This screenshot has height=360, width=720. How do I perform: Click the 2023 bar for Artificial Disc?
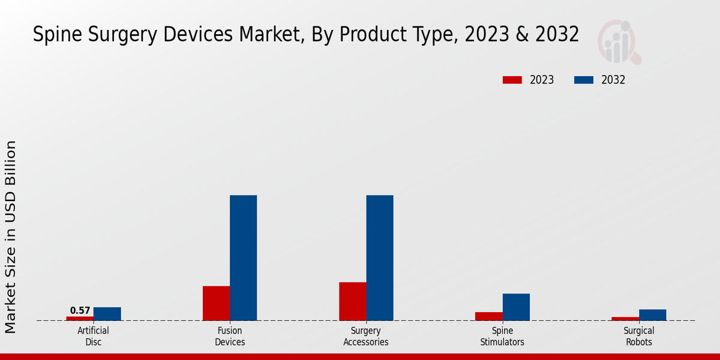pos(80,319)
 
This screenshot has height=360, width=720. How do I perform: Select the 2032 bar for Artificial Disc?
pos(107,314)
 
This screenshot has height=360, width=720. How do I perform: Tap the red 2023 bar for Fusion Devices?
pos(216,303)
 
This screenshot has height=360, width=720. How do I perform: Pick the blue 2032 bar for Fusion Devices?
pos(243,258)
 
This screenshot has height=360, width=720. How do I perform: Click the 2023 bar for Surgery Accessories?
pos(352,301)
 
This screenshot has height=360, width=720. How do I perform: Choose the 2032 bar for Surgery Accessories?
pos(380,258)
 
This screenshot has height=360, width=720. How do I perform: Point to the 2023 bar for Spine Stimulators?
pos(488,316)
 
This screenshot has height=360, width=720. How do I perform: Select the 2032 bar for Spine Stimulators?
pos(516,307)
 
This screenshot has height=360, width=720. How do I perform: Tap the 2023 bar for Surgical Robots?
pos(625,319)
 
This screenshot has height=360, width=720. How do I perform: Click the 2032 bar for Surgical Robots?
pos(652,315)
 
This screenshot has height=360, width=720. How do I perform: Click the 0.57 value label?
pos(80,311)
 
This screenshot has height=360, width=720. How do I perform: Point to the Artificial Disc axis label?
pos(93,337)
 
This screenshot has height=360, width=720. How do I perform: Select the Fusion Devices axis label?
pos(230,337)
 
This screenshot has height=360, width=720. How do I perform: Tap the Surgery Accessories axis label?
pos(366,337)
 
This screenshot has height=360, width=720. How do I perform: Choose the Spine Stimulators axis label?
pos(502,337)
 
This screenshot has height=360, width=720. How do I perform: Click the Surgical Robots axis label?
pos(638,337)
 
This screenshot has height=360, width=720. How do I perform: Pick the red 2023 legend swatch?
pos(512,80)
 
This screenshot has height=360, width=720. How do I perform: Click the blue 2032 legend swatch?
pos(584,80)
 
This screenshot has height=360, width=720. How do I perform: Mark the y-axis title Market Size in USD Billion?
pos(11,237)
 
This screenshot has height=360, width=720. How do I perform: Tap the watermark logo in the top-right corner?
pos(619,42)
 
